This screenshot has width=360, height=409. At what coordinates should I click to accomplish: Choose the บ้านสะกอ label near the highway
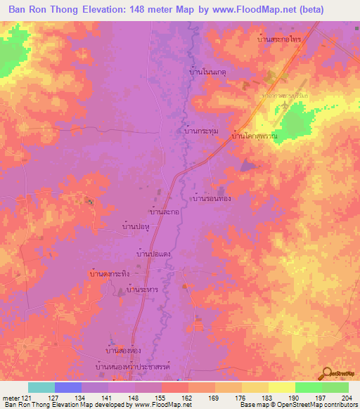(x=162, y=211)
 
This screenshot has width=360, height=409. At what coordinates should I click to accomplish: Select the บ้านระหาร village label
(x=138, y=290)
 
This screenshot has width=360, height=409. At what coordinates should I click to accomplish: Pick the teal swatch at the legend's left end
(x=41, y=387)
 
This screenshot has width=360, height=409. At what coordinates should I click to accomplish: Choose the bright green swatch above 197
(x=308, y=387)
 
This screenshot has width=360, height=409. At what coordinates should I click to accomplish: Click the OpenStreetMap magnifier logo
(x=327, y=373)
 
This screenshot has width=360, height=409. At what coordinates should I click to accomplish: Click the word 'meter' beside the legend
(x=10, y=398)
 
